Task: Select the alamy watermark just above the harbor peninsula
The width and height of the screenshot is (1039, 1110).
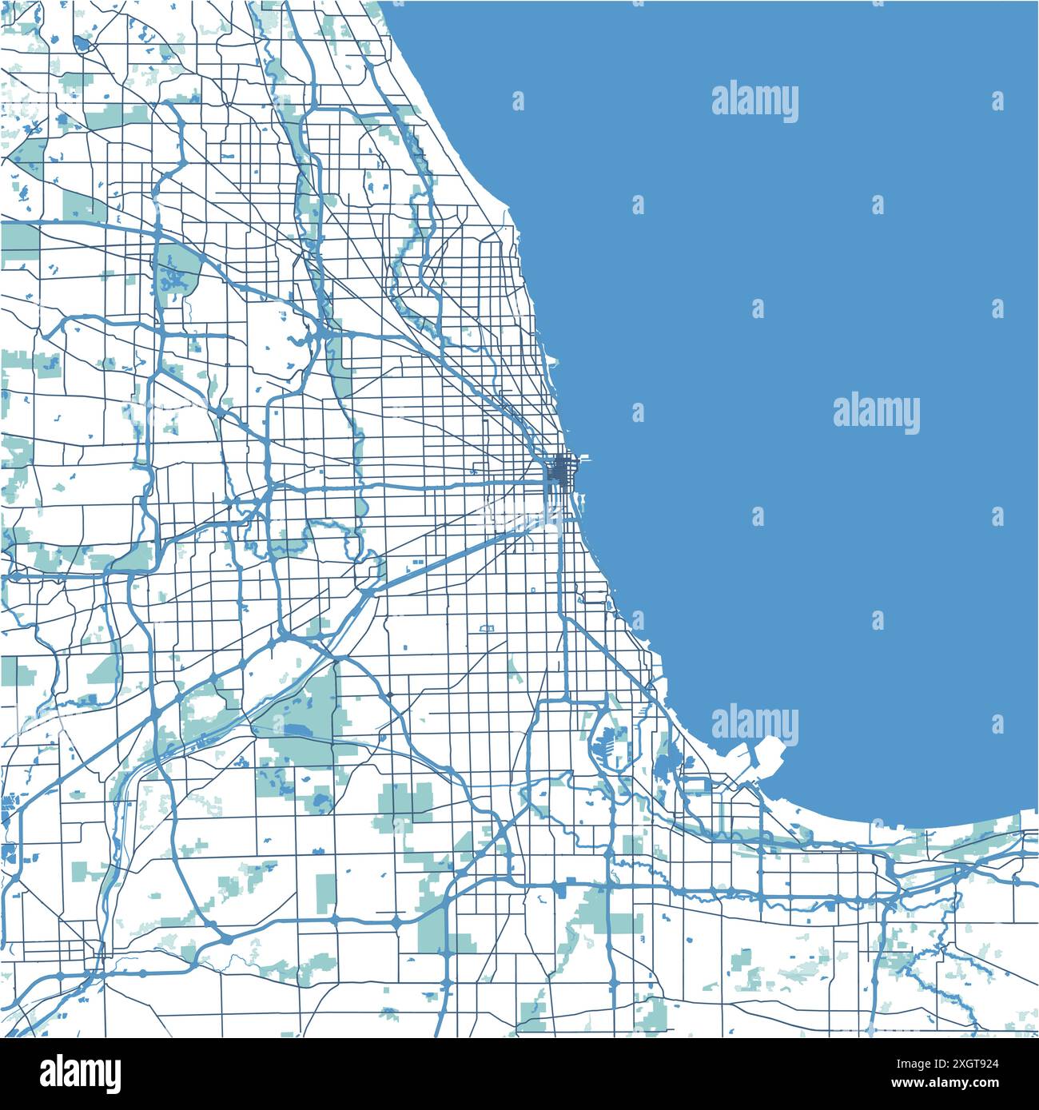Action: point(754,725)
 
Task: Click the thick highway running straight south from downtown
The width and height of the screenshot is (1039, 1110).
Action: point(566,607)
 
